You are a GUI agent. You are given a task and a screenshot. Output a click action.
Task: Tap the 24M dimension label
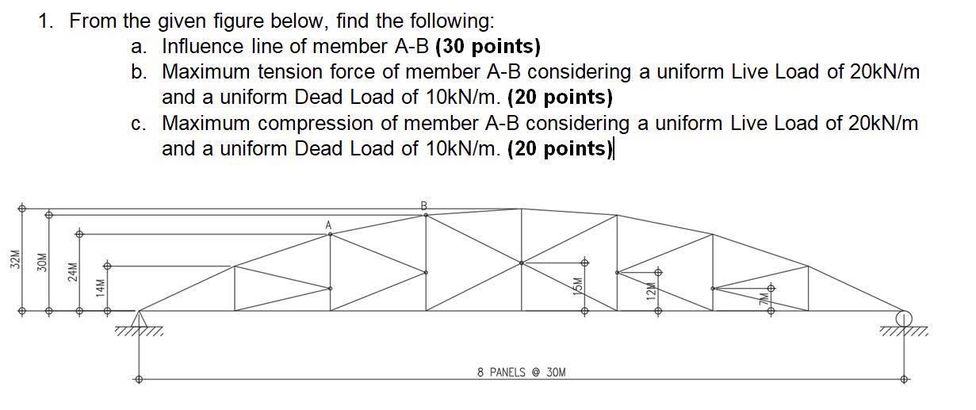(72, 271)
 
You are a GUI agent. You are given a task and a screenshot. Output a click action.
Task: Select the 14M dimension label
(100, 286)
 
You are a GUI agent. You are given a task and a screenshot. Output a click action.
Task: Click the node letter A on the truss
(327, 225)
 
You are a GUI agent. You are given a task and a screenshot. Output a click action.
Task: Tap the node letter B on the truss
(423, 205)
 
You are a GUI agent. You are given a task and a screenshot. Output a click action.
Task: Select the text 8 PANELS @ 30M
(522, 372)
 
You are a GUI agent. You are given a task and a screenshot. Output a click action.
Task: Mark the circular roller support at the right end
(903, 318)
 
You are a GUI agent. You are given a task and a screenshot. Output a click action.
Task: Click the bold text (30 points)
(488, 47)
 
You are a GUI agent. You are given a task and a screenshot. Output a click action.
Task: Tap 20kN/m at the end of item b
(884, 72)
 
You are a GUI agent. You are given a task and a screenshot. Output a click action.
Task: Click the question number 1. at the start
(47, 21)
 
